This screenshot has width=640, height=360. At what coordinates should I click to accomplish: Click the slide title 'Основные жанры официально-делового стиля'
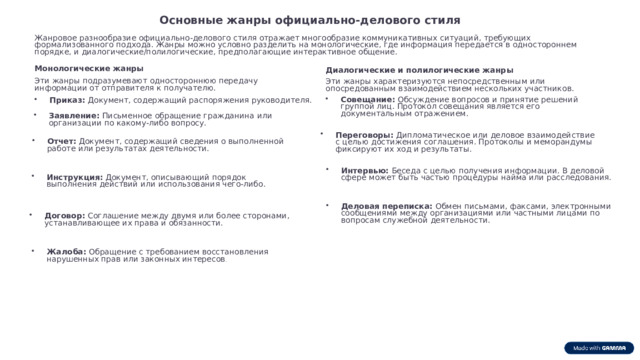310,20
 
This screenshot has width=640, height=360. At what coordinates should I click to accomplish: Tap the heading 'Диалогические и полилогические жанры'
420,70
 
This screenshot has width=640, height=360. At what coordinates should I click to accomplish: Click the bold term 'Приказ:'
67,100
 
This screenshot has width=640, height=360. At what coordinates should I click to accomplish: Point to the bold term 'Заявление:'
74,116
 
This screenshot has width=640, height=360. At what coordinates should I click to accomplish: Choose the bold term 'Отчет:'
61,141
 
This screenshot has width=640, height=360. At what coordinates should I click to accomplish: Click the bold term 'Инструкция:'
74,177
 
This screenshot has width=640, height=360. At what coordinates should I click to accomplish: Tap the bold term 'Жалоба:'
67,251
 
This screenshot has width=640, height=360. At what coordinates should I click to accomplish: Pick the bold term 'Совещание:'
368,99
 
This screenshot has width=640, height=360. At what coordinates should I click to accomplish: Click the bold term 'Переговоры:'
364,134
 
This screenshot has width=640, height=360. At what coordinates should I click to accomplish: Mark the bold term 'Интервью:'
364,170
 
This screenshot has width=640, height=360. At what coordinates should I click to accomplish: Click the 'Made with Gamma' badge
600,347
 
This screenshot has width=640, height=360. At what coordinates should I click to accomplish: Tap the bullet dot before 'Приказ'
36,100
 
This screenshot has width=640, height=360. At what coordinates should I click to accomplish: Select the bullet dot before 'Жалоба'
33,251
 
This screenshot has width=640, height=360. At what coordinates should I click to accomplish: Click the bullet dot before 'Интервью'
329,170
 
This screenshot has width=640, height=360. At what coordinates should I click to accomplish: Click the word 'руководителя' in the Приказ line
282,100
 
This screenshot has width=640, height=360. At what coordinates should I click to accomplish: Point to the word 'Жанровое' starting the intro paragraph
54,38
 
